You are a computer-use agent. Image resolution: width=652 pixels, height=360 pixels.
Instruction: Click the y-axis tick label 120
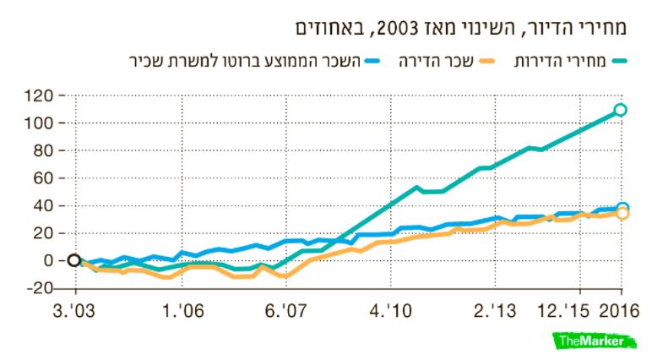point(39,96)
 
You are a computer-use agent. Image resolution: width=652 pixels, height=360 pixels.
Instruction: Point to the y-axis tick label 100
point(39,123)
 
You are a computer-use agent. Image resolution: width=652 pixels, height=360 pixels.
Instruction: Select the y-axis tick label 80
point(44,150)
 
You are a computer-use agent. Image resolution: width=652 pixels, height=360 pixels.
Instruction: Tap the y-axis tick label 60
point(44,178)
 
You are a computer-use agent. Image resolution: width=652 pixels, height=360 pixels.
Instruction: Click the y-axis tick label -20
point(40,288)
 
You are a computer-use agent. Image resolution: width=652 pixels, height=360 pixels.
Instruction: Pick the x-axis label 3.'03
point(74,311)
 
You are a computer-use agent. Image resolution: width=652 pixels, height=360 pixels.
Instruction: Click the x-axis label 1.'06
point(183,311)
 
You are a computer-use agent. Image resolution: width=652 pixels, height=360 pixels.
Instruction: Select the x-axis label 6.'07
point(286,311)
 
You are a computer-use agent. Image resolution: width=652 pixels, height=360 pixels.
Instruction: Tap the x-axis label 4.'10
point(391,311)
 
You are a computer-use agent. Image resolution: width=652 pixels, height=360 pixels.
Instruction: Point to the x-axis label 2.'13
point(495,311)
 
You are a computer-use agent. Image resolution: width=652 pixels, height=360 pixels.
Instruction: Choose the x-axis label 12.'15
point(563,311)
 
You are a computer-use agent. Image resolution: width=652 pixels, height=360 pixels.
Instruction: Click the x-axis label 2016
point(619,311)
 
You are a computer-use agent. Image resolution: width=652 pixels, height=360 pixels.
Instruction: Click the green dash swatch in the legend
point(619,62)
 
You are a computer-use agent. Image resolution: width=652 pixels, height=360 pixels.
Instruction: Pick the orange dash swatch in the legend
point(487,62)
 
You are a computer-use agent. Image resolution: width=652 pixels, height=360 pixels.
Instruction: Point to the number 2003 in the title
point(396,28)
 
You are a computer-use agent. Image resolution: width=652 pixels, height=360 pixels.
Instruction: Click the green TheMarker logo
point(595,341)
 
